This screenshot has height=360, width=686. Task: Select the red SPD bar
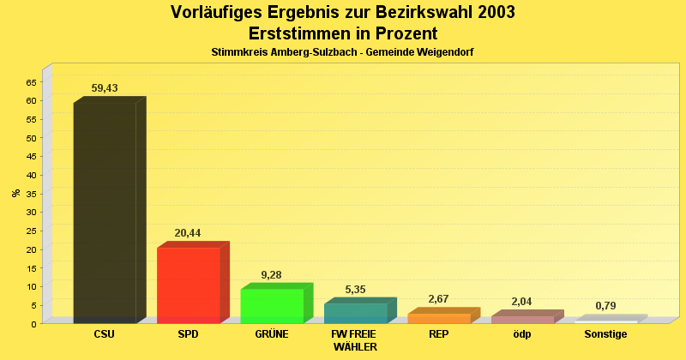pos(188,285)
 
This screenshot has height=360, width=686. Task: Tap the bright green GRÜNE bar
pos(271,306)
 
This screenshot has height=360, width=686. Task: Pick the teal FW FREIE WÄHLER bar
pos(355,313)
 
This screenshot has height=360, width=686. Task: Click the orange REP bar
pos(438,319)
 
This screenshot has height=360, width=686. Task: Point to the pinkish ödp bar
pos(522,320)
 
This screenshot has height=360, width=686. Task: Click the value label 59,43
pos(105,88)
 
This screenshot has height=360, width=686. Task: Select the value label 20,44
pos(188,233)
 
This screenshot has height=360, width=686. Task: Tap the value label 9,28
pos(271,275)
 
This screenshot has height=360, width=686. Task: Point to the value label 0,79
pos(605,306)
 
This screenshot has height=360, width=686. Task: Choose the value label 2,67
pos(438,299)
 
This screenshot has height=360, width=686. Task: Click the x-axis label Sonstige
pos(605,334)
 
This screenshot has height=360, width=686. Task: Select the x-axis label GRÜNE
pos(271,334)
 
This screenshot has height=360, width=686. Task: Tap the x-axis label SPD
pos(188,334)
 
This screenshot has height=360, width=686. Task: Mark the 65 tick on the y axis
pos(31,82)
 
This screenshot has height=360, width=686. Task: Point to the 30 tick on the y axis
pos(31,213)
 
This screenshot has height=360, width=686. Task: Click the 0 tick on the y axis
pos(33,324)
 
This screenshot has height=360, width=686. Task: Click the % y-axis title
pos(15,193)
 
